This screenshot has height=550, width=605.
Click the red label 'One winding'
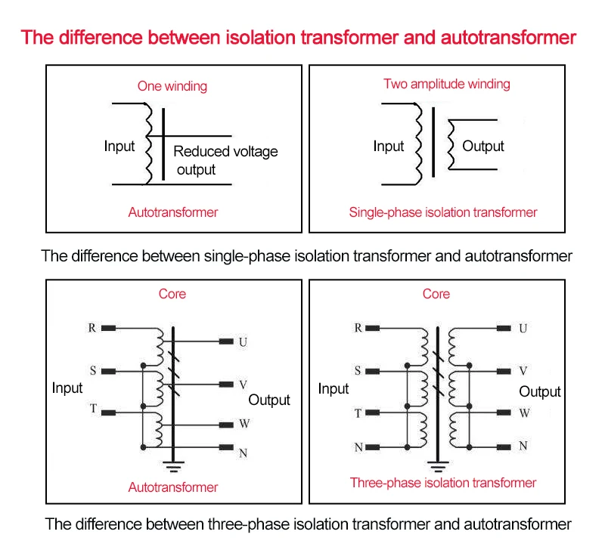172,86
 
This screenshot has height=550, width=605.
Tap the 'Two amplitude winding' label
446,84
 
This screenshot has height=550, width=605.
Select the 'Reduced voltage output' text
225,160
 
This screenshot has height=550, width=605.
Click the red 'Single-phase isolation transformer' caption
443,212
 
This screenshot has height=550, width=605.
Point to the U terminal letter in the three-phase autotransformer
243,342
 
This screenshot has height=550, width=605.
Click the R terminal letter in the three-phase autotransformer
92,328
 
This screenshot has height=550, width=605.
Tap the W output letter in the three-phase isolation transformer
524,414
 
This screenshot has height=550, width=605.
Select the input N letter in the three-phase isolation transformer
358,447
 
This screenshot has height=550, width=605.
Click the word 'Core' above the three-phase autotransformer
172,294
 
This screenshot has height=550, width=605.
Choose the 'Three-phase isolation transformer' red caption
443,483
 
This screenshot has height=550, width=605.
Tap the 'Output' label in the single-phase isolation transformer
483,147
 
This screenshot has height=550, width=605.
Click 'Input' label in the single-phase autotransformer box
119,147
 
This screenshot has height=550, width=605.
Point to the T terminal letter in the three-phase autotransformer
93,409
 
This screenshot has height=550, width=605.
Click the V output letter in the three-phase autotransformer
243,385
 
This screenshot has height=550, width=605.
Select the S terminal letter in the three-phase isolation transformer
358,371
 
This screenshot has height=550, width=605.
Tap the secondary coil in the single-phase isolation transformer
451,144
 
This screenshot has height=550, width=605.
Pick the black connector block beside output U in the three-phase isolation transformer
504,329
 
